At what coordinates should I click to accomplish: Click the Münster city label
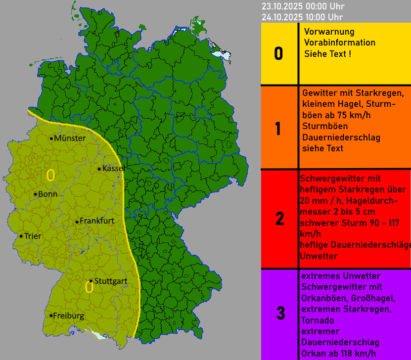click(70, 138)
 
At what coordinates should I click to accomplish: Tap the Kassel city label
click(113, 169)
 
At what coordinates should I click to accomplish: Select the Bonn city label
click(48, 194)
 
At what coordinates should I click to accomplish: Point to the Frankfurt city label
click(97, 221)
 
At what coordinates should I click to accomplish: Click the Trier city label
click(33, 236)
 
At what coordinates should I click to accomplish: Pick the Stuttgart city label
click(110, 281)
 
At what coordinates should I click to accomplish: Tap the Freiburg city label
click(68, 315)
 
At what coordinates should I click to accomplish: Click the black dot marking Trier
click(21, 236)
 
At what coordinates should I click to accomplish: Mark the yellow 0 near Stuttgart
click(90, 287)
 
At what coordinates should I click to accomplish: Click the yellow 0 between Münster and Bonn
click(50, 175)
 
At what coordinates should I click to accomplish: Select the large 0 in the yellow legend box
click(278, 53)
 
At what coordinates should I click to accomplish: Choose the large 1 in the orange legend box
click(278, 129)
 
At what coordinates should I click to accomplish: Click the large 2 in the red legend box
click(279, 219)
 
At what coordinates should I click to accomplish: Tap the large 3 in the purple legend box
click(280, 313)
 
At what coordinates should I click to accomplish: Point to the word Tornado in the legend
click(317, 320)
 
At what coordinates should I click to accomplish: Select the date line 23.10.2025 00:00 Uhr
click(303, 6)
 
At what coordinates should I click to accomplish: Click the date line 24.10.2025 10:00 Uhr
click(303, 18)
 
